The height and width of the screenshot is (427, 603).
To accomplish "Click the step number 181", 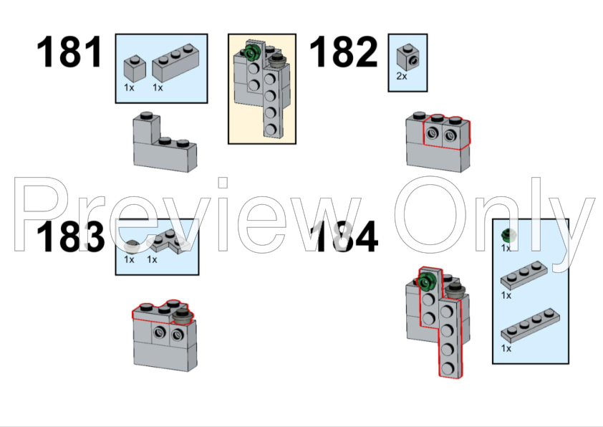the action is click(69, 52).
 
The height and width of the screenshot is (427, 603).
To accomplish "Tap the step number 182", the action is click(344, 52).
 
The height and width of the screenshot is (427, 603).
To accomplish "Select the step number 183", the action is click(70, 236).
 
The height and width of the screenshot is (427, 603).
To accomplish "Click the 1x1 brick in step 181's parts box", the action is click(135, 69).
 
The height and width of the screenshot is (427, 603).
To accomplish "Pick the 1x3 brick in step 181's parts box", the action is click(175, 63).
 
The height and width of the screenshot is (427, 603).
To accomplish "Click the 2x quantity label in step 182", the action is click(402, 76).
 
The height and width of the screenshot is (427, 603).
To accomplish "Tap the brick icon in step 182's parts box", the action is click(408, 57).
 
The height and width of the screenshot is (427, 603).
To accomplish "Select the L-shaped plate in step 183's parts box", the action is click(168, 241).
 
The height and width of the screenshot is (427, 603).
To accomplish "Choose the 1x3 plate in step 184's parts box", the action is click(524, 274).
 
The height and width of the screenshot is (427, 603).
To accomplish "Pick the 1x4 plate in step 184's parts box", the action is click(531, 325).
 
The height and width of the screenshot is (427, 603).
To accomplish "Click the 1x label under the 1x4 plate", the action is click(506, 348).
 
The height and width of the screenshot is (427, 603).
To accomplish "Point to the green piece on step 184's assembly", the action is click(425, 282).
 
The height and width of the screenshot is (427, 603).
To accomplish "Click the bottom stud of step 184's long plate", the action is click(448, 368).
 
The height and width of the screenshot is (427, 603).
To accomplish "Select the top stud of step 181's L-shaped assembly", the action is click(146, 115).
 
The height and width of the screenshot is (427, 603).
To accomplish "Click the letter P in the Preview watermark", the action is click(40, 214).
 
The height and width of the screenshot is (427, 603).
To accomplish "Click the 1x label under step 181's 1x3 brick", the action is click(158, 87).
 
